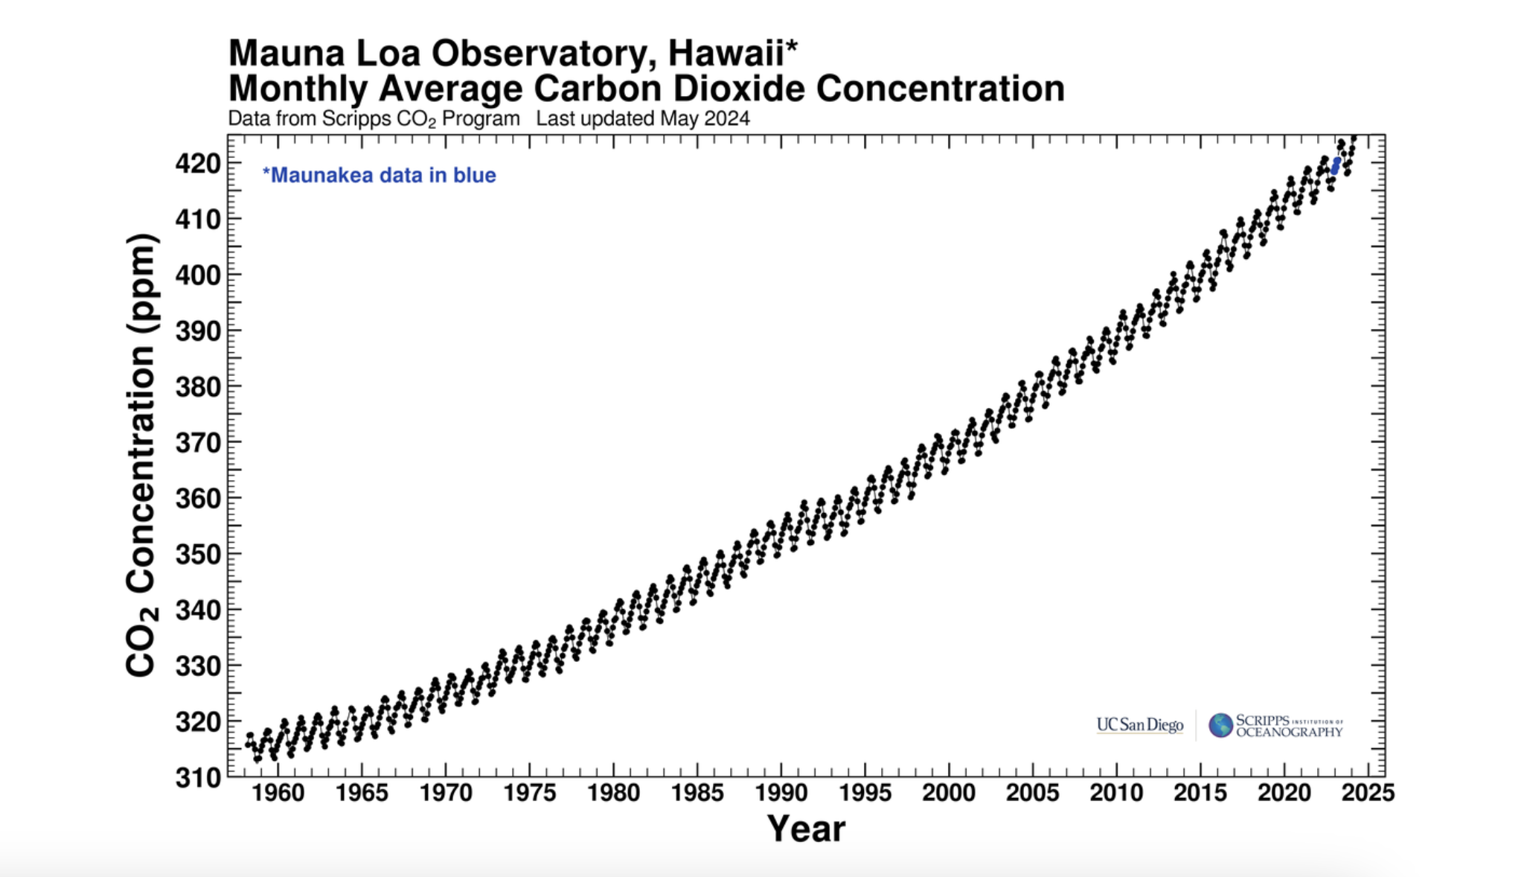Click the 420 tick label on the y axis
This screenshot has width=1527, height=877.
(x=198, y=163)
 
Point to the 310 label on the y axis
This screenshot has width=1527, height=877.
(x=198, y=778)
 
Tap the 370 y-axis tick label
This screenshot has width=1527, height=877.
(x=198, y=443)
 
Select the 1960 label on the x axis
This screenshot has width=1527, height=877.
(x=278, y=793)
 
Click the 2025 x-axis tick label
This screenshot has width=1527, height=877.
(x=1368, y=793)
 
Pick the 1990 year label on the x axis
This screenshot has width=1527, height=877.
(x=781, y=793)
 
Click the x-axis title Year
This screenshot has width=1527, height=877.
(x=806, y=829)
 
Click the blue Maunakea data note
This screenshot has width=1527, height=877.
(x=380, y=176)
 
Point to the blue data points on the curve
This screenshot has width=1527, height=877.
(x=1336, y=165)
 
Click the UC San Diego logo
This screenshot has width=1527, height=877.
(x=1139, y=724)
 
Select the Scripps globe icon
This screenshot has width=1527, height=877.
(x=1220, y=725)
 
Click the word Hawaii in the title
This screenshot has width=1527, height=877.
(x=727, y=54)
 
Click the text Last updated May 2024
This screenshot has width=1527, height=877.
(x=643, y=119)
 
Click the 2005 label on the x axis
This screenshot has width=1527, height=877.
(x=1033, y=793)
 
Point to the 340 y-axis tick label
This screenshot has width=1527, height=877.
(x=198, y=610)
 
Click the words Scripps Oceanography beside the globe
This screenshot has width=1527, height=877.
(x=1289, y=726)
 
